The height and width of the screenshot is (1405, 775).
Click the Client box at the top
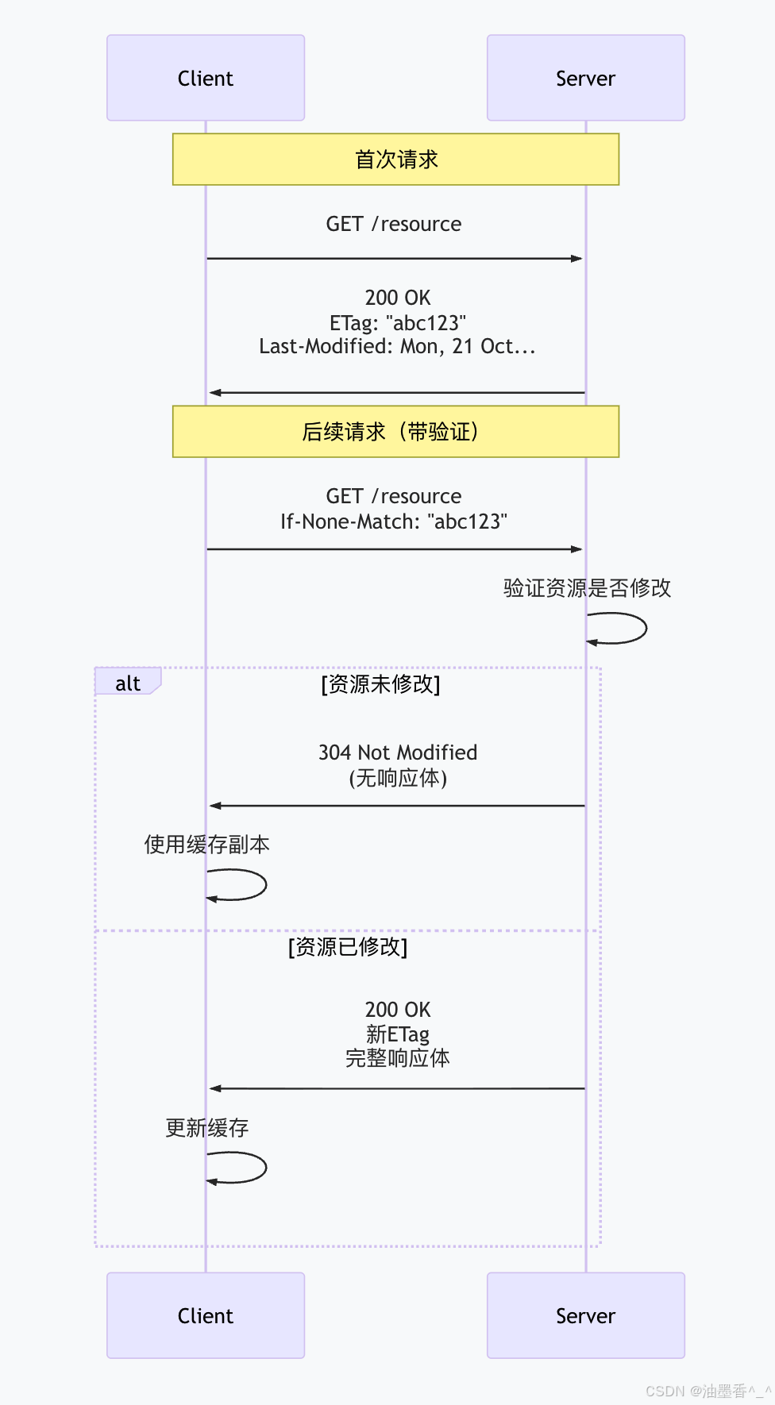[206, 78]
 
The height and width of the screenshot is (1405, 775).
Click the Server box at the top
[585, 78]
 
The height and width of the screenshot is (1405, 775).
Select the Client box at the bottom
[206, 1315]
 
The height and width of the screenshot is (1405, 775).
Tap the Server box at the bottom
[585, 1315]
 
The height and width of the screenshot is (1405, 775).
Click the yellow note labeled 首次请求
[395, 160]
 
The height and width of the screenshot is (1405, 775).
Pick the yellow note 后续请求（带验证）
[395, 432]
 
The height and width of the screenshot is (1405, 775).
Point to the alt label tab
[128, 683]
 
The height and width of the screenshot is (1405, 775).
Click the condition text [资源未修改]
[380, 684]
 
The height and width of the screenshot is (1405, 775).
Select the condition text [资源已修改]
[348, 947]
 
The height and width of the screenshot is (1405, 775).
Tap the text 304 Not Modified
[398, 753]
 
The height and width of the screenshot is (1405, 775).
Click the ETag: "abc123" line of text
[398, 323]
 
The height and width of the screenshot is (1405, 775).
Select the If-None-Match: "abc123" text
[394, 522]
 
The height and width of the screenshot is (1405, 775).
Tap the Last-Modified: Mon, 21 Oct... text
[397, 346]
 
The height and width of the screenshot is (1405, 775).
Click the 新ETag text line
[398, 1034]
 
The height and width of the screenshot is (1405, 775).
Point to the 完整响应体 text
[398, 1058]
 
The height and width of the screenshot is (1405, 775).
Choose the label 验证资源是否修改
[588, 588]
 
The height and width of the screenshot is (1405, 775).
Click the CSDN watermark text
[708, 1391]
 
